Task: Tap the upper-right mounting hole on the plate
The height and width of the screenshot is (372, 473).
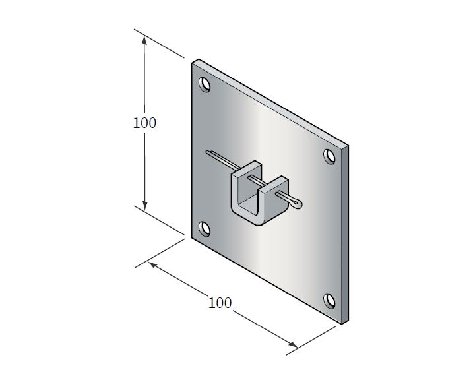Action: coord(329,156)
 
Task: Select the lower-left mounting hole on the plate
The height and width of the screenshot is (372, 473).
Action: coord(205,229)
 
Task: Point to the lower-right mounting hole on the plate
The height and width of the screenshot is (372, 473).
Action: coord(329,300)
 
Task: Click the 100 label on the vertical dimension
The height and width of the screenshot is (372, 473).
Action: coord(144,123)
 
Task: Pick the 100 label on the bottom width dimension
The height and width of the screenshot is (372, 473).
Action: coord(220,303)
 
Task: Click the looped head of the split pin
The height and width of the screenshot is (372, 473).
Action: coord(296,201)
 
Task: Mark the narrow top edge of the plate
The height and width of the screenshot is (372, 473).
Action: coord(270,102)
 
